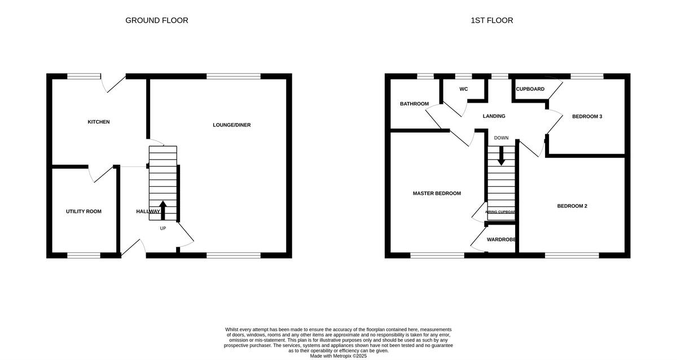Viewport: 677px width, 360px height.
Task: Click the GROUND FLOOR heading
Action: (x=156, y=20)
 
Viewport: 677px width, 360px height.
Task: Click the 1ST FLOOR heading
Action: (x=492, y=20)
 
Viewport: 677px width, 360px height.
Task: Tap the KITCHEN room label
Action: (x=98, y=122)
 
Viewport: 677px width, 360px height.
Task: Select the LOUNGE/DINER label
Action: (x=231, y=125)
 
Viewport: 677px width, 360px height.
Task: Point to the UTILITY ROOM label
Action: (x=83, y=212)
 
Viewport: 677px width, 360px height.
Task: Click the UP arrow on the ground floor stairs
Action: (x=163, y=209)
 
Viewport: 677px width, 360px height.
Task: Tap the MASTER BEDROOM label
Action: (x=437, y=194)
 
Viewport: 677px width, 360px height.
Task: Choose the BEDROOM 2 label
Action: (x=572, y=206)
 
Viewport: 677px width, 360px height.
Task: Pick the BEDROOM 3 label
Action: (x=587, y=117)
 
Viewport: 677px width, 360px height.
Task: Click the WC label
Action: (x=464, y=89)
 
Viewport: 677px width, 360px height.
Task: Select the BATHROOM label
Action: (x=414, y=104)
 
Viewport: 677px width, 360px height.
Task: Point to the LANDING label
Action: (x=494, y=116)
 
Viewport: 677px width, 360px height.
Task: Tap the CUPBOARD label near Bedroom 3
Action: (x=530, y=89)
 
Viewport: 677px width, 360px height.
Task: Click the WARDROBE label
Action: (x=502, y=240)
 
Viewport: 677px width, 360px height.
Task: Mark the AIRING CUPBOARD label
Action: (x=501, y=212)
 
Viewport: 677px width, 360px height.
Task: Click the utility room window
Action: (x=83, y=256)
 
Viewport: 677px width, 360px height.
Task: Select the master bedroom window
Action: (x=437, y=256)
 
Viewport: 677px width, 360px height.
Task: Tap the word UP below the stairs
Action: (x=163, y=229)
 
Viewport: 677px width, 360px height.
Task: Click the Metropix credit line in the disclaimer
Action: (x=338, y=356)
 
